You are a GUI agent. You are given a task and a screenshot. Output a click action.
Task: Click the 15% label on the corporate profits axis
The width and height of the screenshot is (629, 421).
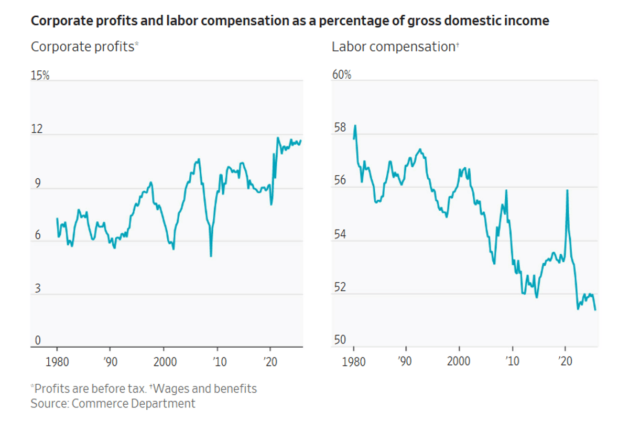pos(40,75)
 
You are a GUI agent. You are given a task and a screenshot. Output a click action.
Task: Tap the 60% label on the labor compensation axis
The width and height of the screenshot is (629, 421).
pos(341,75)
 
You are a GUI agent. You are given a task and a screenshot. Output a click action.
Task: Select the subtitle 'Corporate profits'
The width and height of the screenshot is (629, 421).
pos(82,47)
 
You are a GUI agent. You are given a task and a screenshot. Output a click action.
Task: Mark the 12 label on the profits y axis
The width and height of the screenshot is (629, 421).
pos(37,129)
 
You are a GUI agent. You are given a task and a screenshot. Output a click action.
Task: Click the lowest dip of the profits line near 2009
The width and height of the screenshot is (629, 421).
pos(211,256)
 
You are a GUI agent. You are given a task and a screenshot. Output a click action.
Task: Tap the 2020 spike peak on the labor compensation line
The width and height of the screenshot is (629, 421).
pos(567,190)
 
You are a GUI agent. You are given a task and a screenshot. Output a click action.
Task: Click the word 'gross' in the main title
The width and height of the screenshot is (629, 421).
pos(429,21)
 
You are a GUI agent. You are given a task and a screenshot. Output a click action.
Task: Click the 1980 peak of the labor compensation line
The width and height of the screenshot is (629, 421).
pos(355,125)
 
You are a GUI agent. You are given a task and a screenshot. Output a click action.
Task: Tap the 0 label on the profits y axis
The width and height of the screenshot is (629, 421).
pos(37,341)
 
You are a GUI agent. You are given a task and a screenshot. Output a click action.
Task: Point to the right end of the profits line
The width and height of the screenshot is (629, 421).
pos(301,140)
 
